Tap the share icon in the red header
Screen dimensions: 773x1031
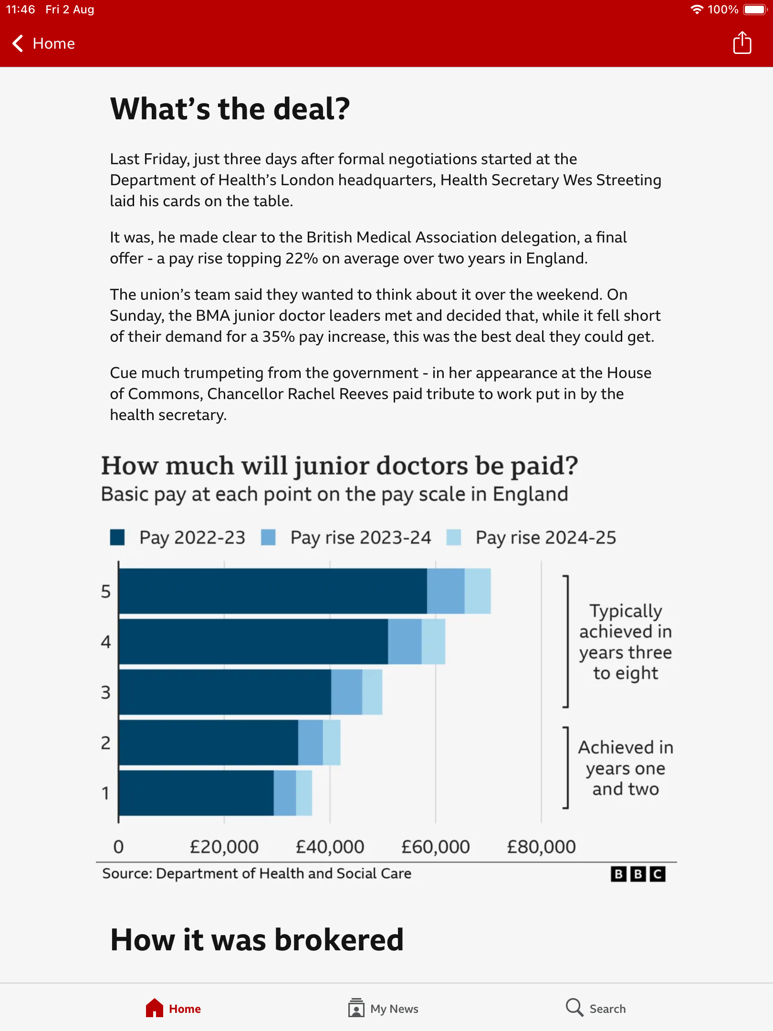(x=742, y=43)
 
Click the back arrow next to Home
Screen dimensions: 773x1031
(x=18, y=43)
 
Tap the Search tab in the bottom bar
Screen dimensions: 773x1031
(x=596, y=1008)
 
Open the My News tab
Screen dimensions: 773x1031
(x=383, y=1008)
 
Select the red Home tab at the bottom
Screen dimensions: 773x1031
(x=173, y=1008)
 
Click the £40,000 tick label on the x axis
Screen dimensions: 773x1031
(x=330, y=847)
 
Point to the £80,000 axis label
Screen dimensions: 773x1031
(x=541, y=847)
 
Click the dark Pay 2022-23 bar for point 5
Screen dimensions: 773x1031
(x=273, y=591)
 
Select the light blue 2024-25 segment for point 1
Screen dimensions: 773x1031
(x=304, y=793)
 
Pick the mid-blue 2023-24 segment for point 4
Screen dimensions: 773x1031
(x=405, y=642)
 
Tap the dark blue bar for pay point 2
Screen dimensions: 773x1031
(x=209, y=743)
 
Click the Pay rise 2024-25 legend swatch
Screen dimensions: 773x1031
(x=454, y=537)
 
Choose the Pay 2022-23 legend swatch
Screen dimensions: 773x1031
(x=117, y=537)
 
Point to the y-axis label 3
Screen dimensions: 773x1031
(x=105, y=692)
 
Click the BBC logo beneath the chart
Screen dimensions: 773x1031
(x=638, y=874)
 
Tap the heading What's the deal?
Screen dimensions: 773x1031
(x=230, y=108)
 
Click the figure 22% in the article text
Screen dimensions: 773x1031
(x=302, y=258)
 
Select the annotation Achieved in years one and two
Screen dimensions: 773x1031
(x=626, y=768)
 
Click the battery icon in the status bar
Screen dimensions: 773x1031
(x=755, y=10)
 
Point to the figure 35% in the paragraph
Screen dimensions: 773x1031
(x=278, y=337)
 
